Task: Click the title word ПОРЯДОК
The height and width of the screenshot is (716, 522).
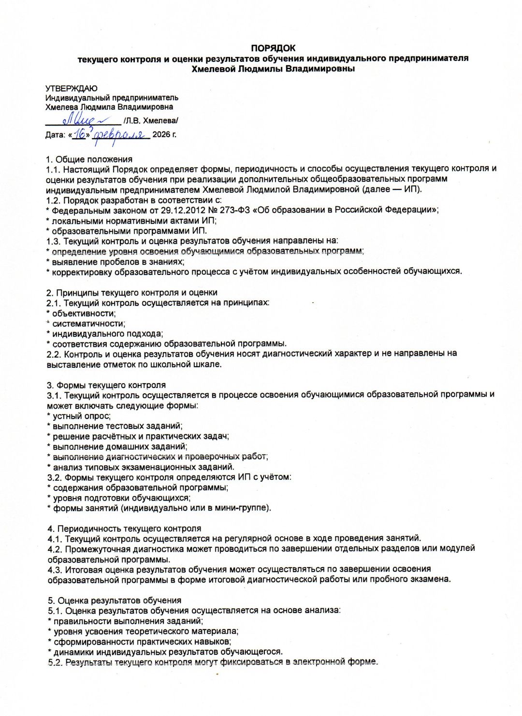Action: tap(273, 48)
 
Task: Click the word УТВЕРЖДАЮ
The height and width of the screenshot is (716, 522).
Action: tap(71, 88)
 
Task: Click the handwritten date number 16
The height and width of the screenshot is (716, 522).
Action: tap(80, 134)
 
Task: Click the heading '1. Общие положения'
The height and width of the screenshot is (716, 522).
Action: tap(89, 159)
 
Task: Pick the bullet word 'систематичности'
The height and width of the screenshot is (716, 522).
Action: tap(88, 323)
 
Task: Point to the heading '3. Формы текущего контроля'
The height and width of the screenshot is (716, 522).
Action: tap(106, 385)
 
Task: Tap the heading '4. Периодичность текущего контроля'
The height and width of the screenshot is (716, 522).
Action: tap(124, 529)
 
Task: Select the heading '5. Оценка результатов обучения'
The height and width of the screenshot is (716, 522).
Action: tap(115, 601)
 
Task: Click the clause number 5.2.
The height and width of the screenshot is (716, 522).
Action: tap(55, 662)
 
